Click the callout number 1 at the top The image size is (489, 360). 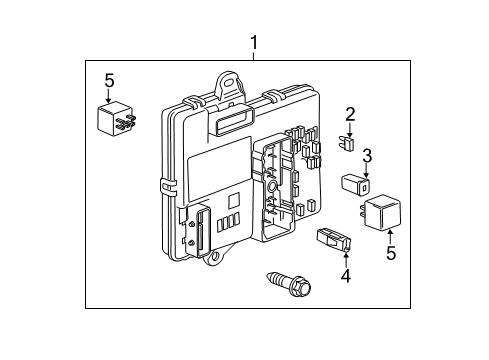click(x=253, y=43)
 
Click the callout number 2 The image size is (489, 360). click(x=350, y=113)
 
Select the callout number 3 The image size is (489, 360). click(x=367, y=155)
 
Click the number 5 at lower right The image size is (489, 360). click(x=390, y=254)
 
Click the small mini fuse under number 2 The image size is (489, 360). click(x=346, y=143)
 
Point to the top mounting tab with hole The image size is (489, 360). click(x=230, y=82)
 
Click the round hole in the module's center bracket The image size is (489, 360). click(x=272, y=187)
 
